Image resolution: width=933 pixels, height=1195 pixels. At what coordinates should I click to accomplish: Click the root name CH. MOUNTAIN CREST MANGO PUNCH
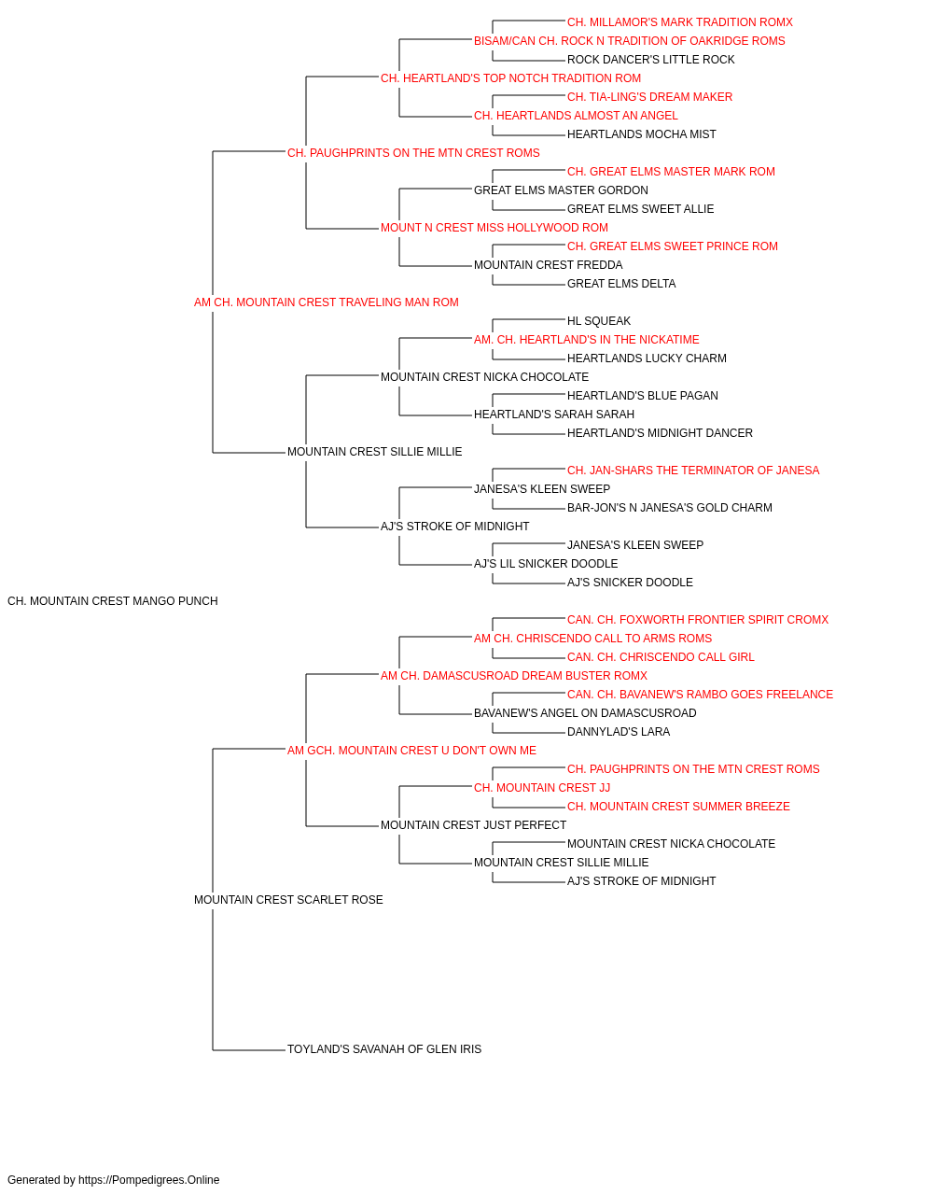pyautogui.click(x=113, y=601)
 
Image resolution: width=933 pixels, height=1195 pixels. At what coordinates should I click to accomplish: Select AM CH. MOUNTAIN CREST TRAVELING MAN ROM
pyautogui.click(x=326, y=302)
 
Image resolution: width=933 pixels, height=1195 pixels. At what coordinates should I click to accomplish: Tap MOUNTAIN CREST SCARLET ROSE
pyautogui.click(x=288, y=900)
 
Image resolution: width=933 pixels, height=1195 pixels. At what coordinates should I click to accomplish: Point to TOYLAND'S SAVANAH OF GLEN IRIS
pyautogui.click(x=384, y=1049)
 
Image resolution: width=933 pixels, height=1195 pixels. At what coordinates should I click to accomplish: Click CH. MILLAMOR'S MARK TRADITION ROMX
pyautogui.click(x=680, y=22)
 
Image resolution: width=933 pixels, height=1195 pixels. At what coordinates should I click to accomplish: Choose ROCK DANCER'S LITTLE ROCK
pyautogui.click(x=650, y=60)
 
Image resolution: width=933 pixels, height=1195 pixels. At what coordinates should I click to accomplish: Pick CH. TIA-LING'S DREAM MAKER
pyautogui.click(x=649, y=97)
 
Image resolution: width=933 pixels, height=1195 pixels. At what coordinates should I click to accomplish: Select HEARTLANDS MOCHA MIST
pyautogui.click(x=641, y=134)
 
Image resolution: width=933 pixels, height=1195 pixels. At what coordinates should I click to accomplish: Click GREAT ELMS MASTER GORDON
pyautogui.click(x=561, y=190)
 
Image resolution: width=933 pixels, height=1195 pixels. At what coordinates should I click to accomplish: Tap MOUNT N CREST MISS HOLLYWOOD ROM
pyautogui.click(x=494, y=228)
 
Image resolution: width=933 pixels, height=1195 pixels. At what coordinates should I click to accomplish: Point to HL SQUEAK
pyautogui.click(x=599, y=321)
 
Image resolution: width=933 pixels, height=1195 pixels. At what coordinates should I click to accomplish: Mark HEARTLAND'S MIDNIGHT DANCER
pyautogui.click(x=660, y=433)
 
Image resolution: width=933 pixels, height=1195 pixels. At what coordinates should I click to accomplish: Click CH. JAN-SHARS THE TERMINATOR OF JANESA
pyautogui.click(x=693, y=471)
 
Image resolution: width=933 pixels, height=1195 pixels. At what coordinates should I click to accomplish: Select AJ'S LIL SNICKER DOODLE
pyautogui.click(x=546, y=564)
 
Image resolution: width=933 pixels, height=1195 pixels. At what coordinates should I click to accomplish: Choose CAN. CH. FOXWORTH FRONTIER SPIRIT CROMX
pyautogui.click(x=697, y=620)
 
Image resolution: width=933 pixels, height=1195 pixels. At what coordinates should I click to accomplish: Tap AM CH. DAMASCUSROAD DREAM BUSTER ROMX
pyautogui.click(x=514, y=676)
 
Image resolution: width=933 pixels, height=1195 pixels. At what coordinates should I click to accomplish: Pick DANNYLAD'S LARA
pyautogui.click(x=619, y=732)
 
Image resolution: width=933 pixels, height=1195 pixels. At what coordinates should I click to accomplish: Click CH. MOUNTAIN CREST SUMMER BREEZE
pyautogui.click(x=678, y=807)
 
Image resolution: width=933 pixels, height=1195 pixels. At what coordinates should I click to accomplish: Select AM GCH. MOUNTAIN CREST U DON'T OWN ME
pyautogui.click(x=411, y=751)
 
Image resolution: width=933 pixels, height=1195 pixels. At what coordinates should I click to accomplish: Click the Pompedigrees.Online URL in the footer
pyautogui.click(x=149, y=1180)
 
